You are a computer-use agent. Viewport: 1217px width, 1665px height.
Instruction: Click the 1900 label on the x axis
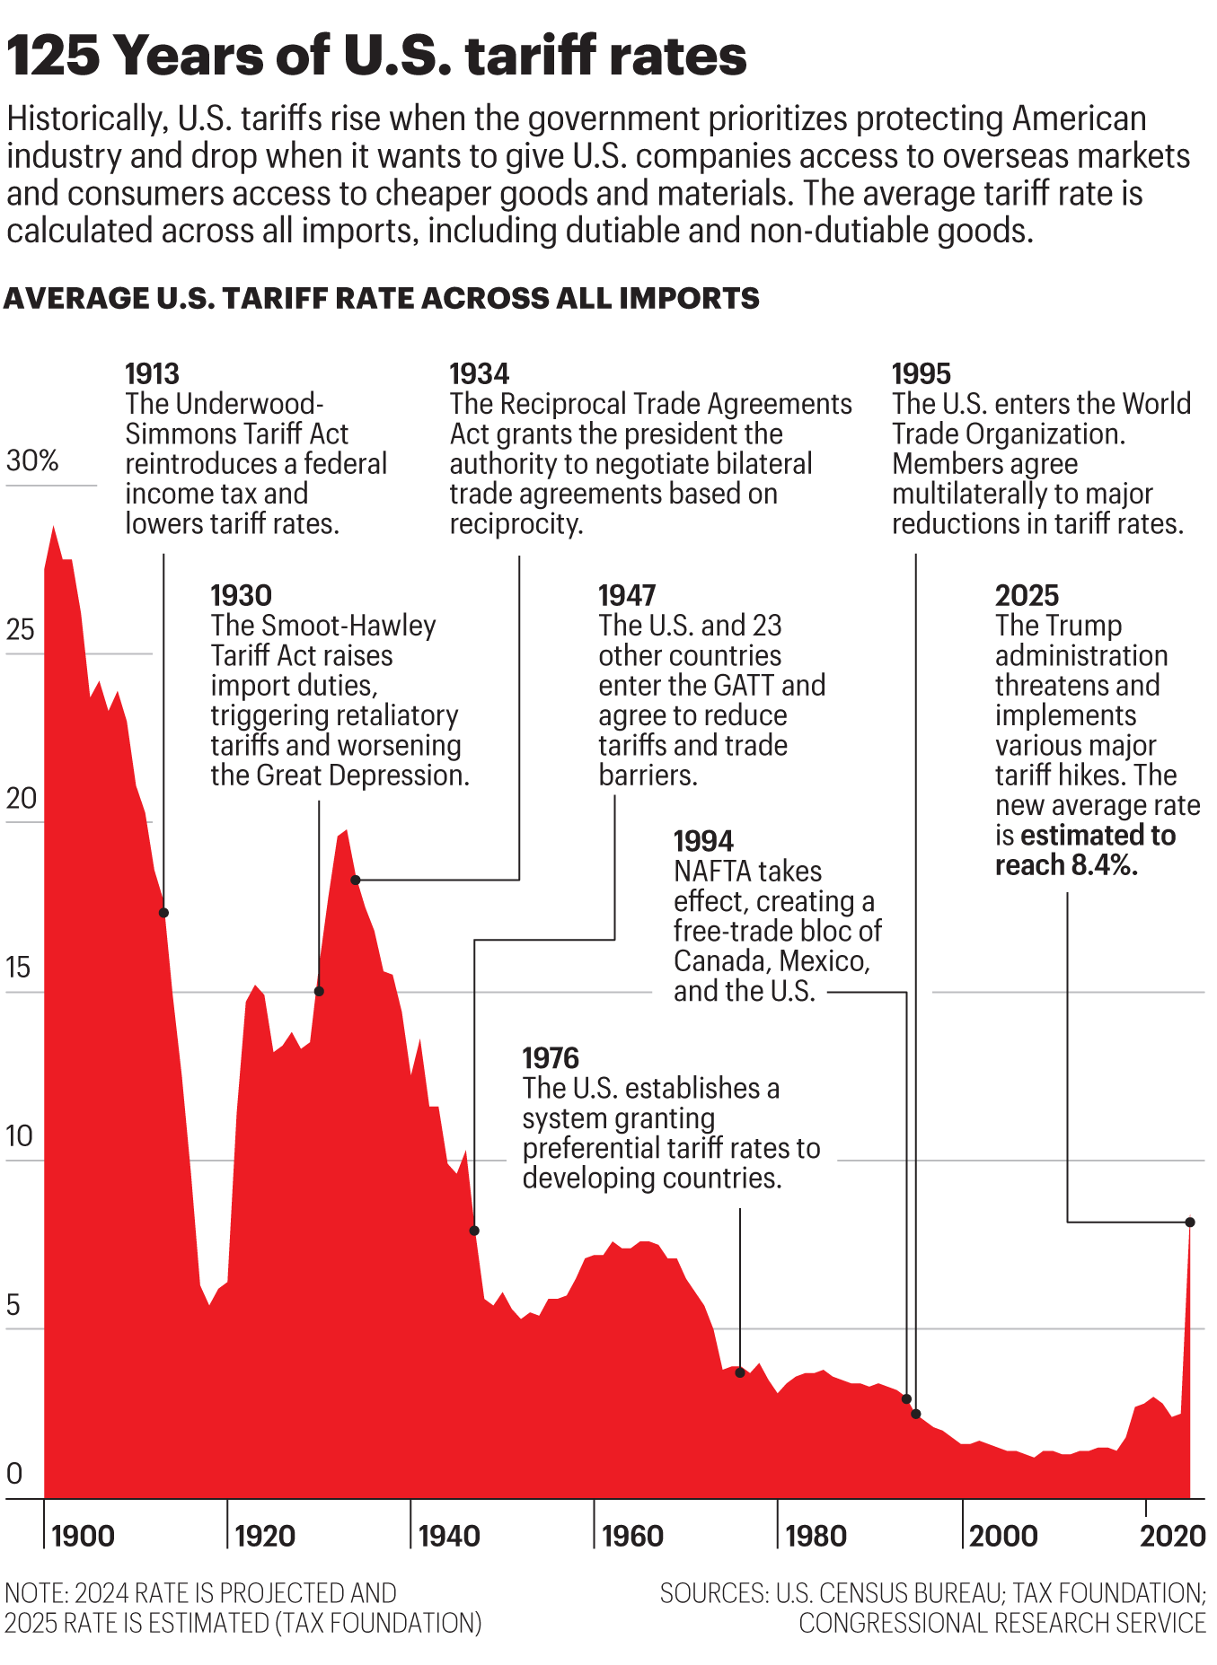point(83,1536)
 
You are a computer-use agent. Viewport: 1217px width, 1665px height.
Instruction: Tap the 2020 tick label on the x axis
point(1172,1536)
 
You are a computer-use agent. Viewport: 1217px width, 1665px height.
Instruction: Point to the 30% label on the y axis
point(32,460)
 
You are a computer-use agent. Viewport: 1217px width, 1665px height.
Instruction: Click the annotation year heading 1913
point(152,373)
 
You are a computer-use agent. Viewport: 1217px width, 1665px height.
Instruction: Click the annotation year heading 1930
point(241,595)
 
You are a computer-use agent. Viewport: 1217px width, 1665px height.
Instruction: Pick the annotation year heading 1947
point(627,595)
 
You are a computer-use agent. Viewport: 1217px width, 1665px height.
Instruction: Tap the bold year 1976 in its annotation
point(551,1058)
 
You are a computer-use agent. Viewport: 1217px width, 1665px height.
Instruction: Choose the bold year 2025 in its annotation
point(1027,595)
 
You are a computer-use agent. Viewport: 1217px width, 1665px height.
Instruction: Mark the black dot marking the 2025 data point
point(1190,1222)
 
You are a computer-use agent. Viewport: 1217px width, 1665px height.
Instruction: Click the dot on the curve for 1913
point(163,913)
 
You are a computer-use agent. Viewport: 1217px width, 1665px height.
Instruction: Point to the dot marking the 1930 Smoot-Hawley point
point(319,991)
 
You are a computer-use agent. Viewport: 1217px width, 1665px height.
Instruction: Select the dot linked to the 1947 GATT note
point(474,1231)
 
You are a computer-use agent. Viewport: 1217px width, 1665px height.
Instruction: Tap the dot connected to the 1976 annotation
point(740,1373)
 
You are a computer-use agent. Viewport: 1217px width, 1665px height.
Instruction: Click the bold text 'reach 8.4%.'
point(1066,865)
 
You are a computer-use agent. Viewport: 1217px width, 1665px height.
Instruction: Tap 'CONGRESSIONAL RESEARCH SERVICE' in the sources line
point(1001,1623)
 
